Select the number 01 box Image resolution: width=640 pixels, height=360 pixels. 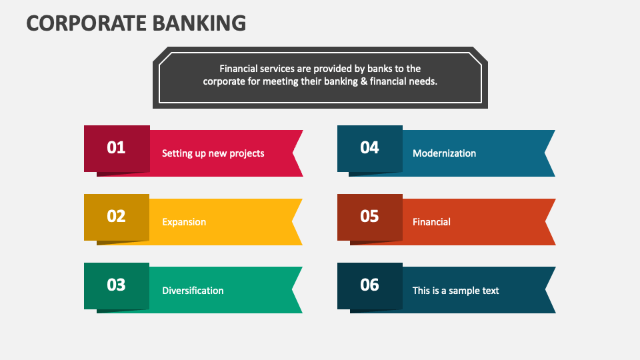point(117,148)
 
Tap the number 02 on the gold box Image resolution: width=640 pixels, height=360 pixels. point(117,216)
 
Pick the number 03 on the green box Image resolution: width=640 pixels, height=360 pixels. point(117,285)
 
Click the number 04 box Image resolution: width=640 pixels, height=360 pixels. point(369,148)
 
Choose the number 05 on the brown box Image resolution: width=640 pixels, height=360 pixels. point(369,216)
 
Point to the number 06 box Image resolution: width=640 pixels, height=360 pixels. point(369,285)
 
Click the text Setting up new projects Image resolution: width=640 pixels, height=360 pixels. point(213,153)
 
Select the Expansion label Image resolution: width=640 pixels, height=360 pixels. point(184,222)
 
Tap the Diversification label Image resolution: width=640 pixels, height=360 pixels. point(193,291)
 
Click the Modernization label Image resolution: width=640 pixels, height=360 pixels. point(444,153)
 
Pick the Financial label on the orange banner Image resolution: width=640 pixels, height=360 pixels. point(431,222)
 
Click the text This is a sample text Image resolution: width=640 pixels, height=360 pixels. point(455,291)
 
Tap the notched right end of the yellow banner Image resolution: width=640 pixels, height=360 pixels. point(296,222)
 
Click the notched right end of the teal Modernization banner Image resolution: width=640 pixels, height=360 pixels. point(549,153)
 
